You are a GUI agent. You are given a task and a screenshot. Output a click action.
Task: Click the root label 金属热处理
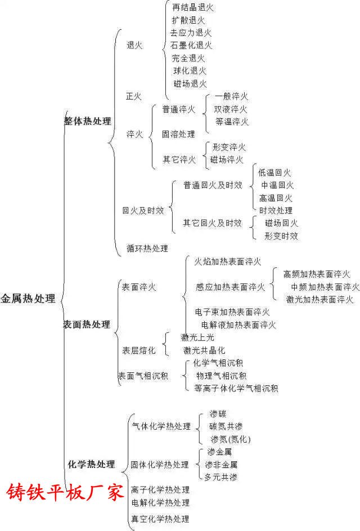point(28,298)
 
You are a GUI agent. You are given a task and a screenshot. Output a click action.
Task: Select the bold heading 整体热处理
point(88,121)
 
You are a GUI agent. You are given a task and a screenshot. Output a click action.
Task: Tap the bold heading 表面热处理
point(87,324)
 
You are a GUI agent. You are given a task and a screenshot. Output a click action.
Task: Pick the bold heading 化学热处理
point(92,464)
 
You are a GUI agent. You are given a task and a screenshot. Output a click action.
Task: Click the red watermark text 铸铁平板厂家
point(65,492)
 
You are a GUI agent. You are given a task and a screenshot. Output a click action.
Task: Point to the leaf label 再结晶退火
point(193,7)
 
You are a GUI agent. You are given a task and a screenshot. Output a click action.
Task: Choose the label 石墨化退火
point(191,45)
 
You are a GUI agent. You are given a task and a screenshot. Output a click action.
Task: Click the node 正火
point(134,96)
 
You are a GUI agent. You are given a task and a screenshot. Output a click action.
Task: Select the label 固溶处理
point(178,134)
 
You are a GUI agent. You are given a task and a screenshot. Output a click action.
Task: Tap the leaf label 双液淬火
point(231,109)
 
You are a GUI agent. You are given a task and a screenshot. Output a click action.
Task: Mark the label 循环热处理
point(147,248)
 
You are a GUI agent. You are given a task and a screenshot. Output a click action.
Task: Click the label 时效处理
point(276,210)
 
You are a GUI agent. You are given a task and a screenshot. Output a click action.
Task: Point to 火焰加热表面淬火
point(228,262)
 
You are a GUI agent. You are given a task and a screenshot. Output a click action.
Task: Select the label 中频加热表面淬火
point(325,287)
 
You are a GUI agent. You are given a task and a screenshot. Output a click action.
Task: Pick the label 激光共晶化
point(204,350)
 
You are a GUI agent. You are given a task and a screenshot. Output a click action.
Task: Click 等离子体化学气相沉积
point(236,388)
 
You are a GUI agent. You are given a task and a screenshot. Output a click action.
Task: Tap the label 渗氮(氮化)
point(231,439)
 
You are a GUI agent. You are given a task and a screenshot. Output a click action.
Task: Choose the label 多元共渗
point(221,477)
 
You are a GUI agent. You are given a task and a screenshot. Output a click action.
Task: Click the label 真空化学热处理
point(160,519)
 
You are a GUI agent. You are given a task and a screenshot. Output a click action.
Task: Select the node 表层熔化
point(139,350)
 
